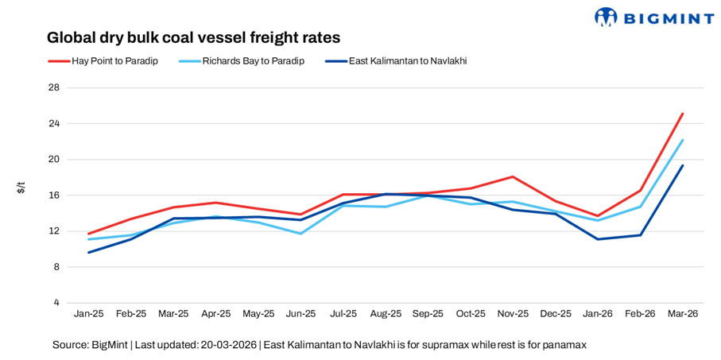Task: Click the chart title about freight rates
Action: pyautogui.click(x=193, y=37)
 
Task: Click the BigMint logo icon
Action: pyautogui.click(x=606, y=17)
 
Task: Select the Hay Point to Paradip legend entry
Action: pyautogui.click(x=103, y=60)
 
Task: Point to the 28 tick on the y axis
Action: pyautogui.click(x=54, y=87)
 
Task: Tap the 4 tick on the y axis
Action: pyautogui.click(x=56, y=303)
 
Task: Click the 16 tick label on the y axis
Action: pyautogui.click(x=54, y=195)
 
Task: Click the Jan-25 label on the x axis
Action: pyautogui.click(x=88, y=314)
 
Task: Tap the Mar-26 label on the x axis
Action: pyautogui.click(x=682, y=314)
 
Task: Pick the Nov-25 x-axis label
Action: pyautogui.click(x=513, y=314)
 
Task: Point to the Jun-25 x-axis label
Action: pyautogui.click(x=300, y=314)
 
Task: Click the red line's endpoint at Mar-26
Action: pyautogui.click(x=682, y=114)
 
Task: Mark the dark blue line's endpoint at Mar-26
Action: pyautogui.click(x=682, y=165)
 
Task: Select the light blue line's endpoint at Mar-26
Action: pyautogui.click(x=682, y=140)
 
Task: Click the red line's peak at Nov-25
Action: pyautogui.click(x=513, y=176)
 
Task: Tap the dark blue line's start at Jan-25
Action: pyautogui.click(x=89, y=253)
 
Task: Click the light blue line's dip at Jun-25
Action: pyautogui.click(x=300, y=234)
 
